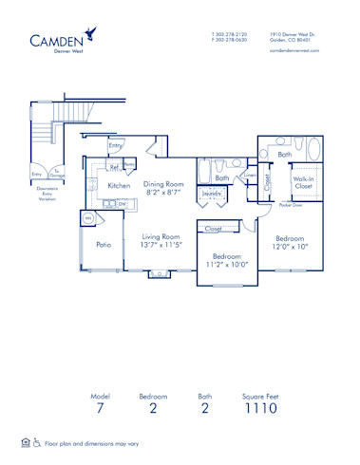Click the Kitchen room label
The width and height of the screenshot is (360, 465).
119,185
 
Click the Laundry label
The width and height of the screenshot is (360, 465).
212,195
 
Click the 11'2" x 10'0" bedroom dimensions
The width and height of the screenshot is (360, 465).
227,265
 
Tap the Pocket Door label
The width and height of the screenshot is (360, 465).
291,204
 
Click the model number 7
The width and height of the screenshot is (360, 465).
100,409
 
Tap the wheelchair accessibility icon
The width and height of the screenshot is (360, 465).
38,443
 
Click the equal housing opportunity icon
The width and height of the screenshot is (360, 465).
26,443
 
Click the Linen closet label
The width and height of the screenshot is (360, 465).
250,174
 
